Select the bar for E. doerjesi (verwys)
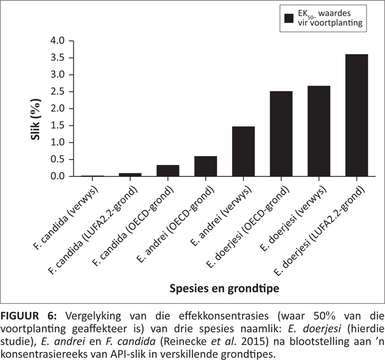click(319, 131)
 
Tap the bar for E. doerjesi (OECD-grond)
click(282, 133)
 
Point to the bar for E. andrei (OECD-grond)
click(206, 166)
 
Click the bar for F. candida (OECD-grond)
click(168, 171)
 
